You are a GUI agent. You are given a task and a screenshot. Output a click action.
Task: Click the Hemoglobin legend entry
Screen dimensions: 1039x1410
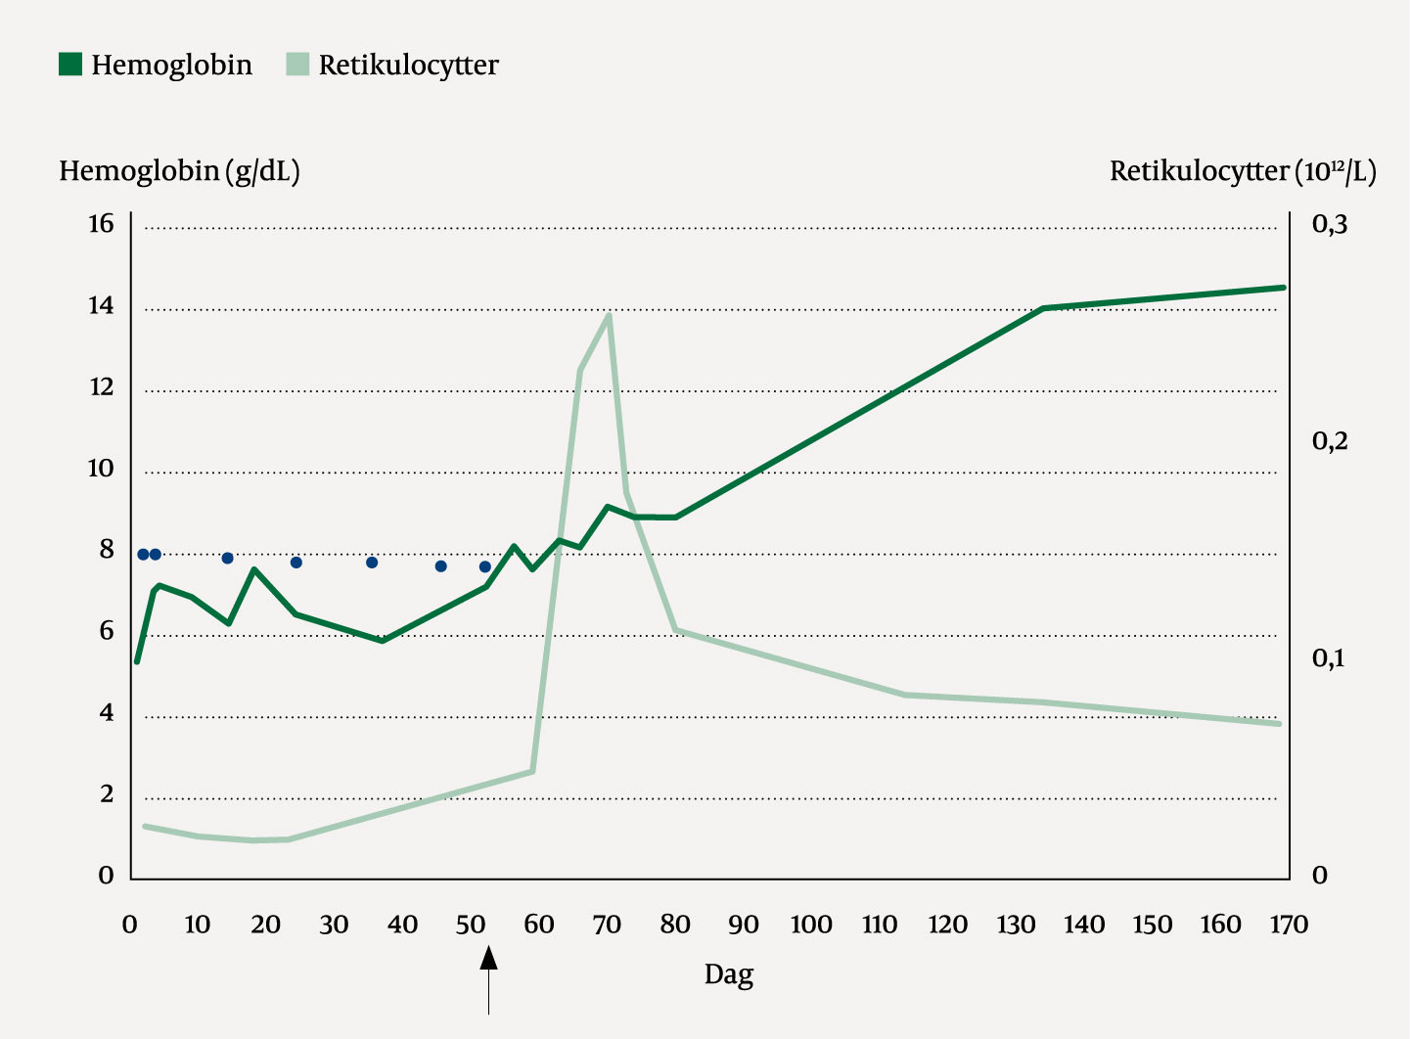pos(156,66)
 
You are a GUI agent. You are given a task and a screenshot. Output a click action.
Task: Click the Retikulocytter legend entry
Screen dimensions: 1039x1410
pos(392,66)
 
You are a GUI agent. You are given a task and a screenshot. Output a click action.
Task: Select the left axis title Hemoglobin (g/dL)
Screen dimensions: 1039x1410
pos(179,171)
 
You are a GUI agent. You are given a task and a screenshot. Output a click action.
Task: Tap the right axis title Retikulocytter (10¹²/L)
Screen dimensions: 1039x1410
pos(1242,171)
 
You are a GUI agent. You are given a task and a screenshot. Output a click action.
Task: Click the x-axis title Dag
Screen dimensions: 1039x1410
pos(729,974)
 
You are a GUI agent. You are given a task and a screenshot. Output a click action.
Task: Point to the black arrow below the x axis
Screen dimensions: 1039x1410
pos(488,978)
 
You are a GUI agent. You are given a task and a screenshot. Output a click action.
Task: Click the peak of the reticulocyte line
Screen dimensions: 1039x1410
pos(609,315)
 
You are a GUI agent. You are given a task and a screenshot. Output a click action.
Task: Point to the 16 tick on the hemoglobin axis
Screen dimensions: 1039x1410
pos(101,224)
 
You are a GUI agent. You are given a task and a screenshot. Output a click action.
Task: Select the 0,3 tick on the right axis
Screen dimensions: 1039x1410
pos(1329,224)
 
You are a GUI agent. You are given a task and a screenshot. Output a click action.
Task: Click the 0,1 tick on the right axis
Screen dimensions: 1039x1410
pos(1328,657)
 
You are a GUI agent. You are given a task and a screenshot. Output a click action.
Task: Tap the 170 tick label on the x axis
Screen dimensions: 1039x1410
pos(1288,925)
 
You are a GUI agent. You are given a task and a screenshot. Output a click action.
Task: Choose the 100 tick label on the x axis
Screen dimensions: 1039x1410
pos(810,925)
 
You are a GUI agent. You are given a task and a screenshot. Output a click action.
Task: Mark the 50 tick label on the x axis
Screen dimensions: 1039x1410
pos(471,925)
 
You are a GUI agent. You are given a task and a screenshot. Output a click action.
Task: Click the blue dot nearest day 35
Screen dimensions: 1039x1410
pos(372,563)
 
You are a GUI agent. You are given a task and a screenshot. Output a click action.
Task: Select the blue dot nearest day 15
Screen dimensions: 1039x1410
pos(228,559)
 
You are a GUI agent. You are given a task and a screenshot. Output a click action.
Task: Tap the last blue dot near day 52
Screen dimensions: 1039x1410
pos(485,566)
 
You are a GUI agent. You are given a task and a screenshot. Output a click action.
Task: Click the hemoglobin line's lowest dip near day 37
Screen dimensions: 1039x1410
pos(382,641)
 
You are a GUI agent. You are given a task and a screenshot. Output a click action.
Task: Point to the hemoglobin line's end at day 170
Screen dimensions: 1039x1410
pos(1283,288)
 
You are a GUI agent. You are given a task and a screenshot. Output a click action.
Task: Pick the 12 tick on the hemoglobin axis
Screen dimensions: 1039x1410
pos(101,387)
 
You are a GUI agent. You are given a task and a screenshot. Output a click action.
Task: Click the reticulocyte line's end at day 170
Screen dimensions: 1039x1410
pos(1278,723)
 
